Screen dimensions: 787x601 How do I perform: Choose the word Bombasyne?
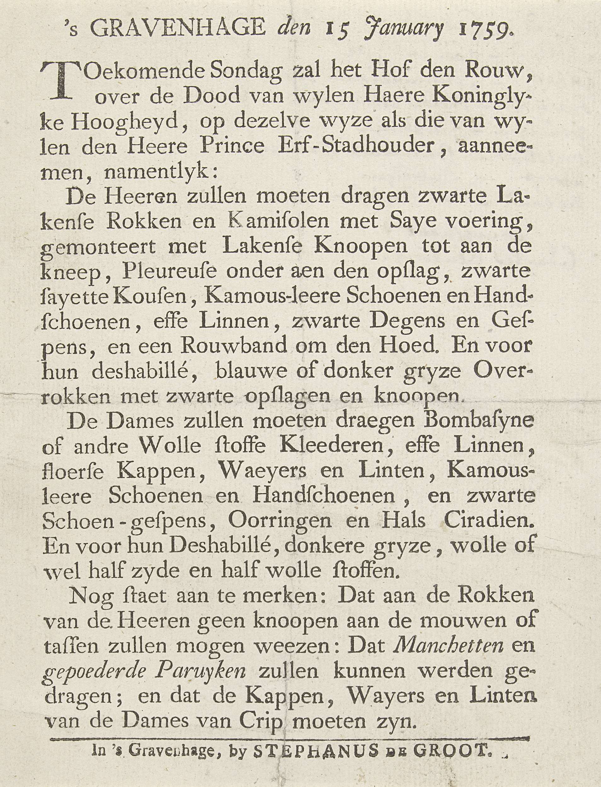point(472,422)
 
